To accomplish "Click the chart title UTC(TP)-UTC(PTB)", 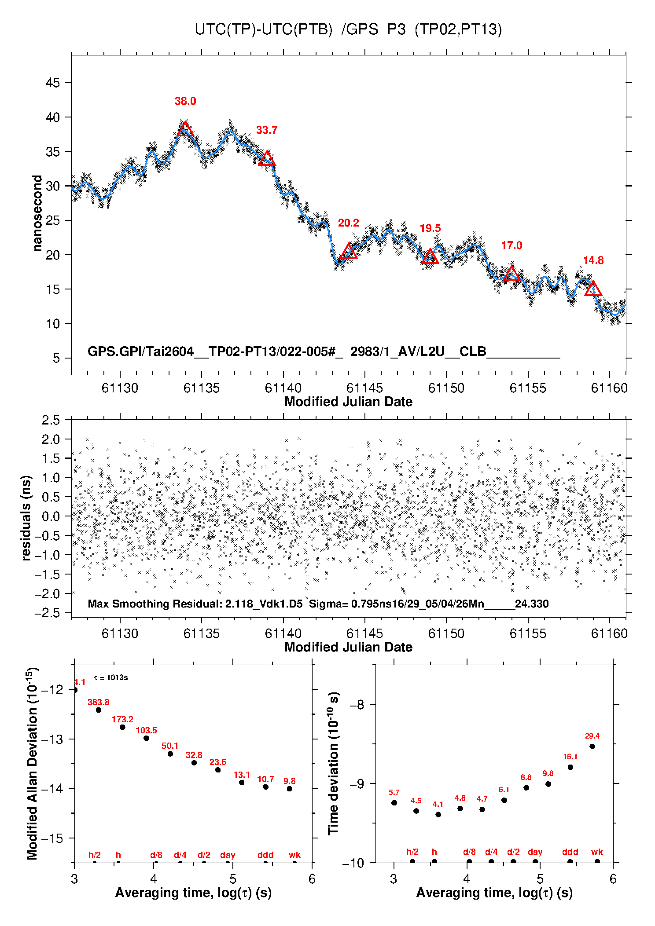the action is click(263, 29).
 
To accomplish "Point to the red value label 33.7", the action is click(267, 130).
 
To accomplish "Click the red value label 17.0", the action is click(511, 245).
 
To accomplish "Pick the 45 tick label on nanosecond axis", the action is click(53, 83).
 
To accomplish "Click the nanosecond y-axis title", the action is click(37, 213).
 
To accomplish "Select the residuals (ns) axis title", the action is click(26, 518).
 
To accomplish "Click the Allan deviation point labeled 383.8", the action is click(99, 710).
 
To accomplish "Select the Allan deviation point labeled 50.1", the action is click(170, 754).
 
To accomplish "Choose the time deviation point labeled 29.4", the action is click(592, 746).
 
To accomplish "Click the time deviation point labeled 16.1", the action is click(570, 767).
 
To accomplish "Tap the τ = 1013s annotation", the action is click(111, 677).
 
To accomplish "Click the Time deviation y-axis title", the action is click(334, 763).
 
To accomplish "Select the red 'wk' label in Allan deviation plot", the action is click(294, 855).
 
